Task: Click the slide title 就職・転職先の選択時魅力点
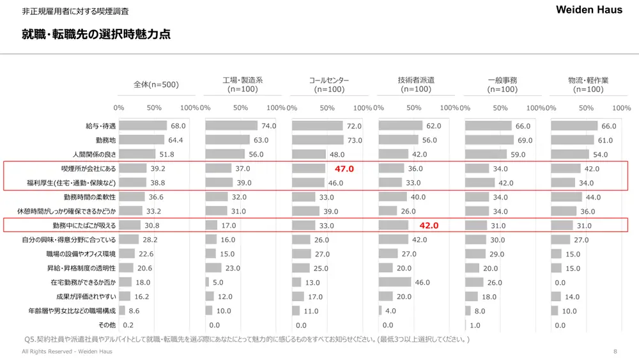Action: point(96,35)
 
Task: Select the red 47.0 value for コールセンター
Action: point(344,168)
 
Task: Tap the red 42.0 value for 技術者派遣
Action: point(429,225)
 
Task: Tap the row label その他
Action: point(107,325)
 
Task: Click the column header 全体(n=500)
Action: point(156,84)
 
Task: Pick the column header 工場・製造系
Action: point(243,80)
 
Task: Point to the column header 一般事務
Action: point(502,80)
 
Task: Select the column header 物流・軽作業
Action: point(588,80)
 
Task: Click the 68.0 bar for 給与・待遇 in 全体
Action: point(142,126)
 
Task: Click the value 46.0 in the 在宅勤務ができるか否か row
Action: point(422,282)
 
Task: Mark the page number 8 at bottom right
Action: point(615,352)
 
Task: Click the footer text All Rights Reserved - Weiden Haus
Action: point(59,352)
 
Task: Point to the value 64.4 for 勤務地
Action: point(176,140)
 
